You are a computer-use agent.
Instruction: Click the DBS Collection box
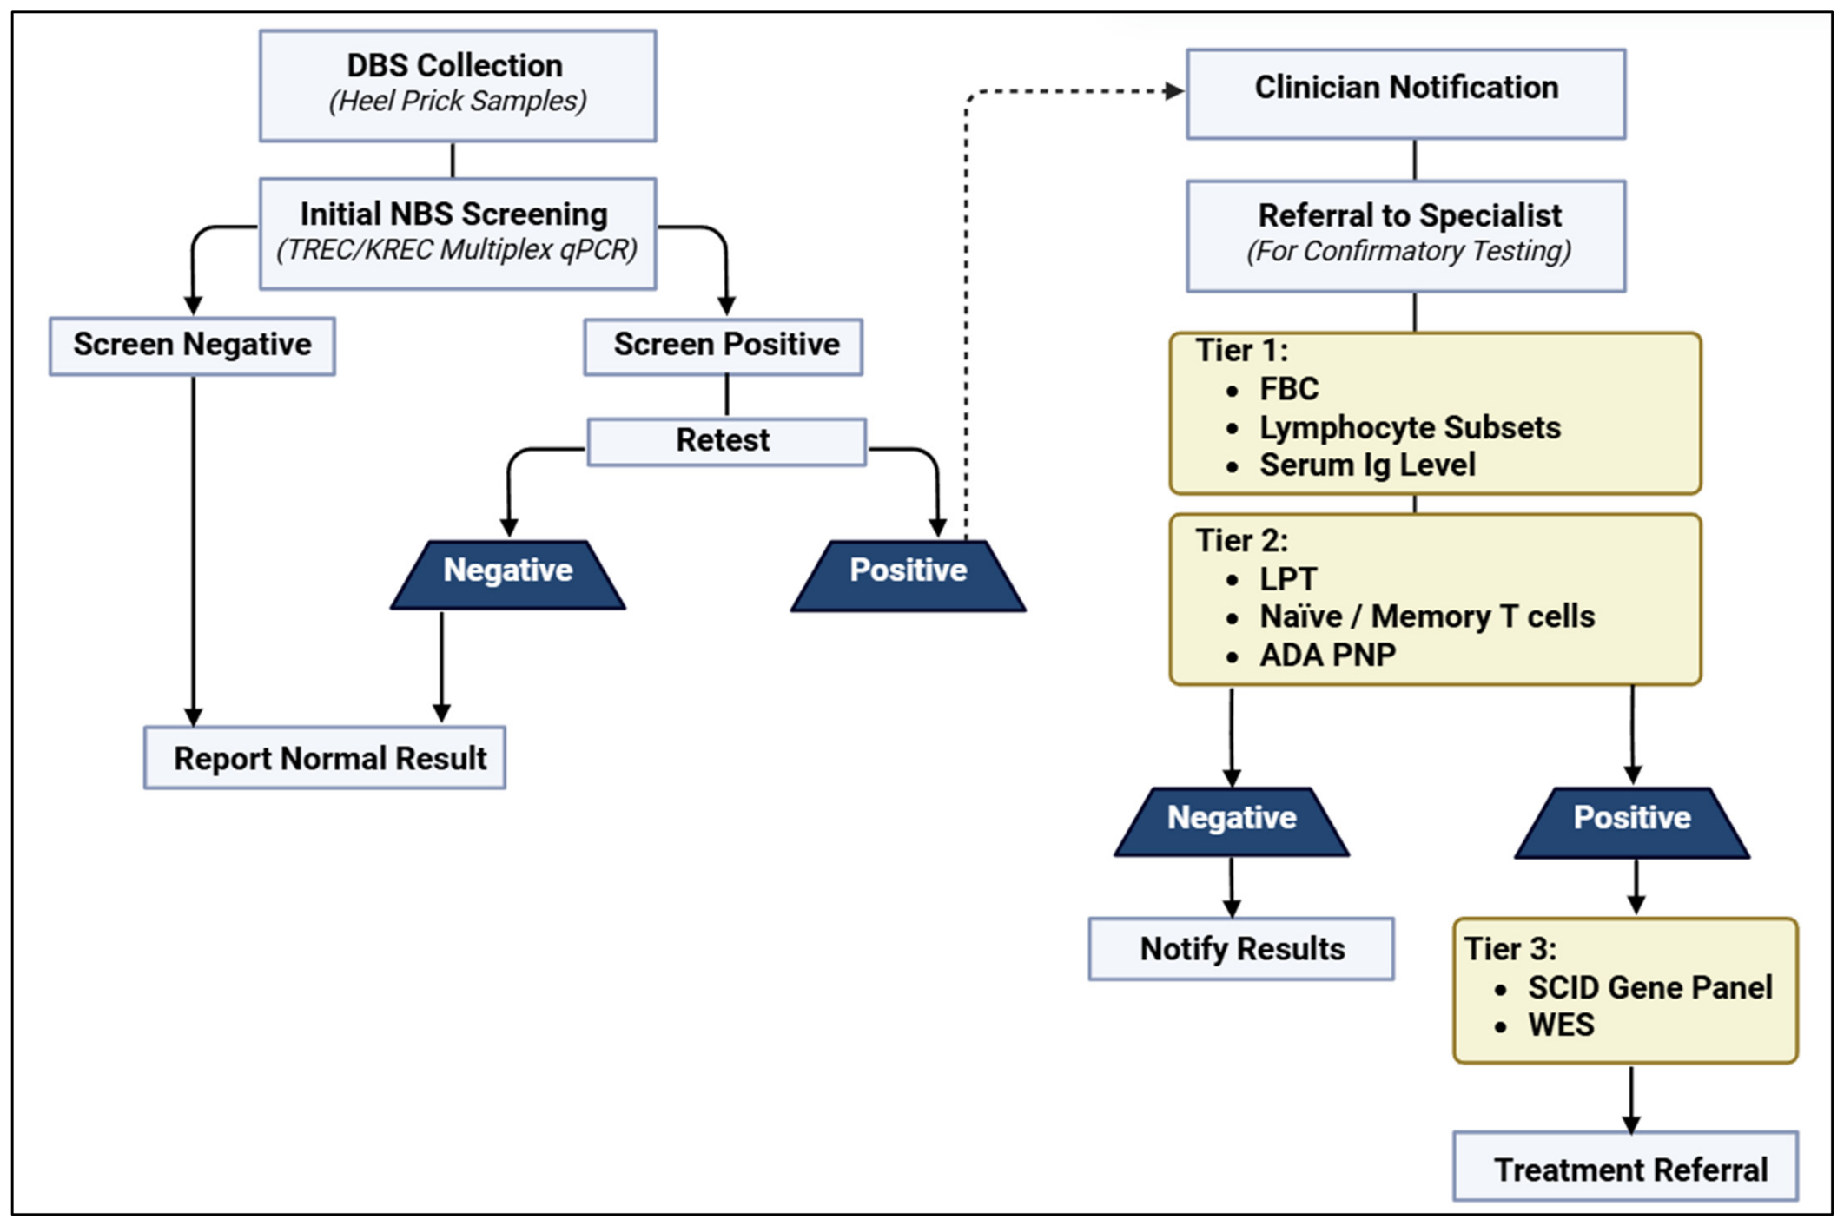pos(458,86)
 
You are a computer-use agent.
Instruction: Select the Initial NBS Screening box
pos(458,234)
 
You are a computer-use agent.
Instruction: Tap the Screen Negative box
pos(192,346)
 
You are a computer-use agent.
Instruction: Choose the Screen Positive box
pos(724,346)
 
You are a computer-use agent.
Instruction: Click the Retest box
pos(727,442)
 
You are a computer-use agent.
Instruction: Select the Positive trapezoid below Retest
pos(909,576)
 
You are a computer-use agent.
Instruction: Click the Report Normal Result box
pos(325,757)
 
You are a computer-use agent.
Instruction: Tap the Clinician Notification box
pos(1406,94)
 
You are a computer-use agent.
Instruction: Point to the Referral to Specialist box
pos(1406,236)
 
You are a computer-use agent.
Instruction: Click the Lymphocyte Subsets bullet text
pos(1410,427)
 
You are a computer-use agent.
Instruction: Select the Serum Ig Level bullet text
pos(1367,465)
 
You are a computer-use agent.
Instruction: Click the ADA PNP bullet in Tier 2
pos(1328,655)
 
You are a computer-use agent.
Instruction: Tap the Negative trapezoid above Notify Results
pos(1232,821)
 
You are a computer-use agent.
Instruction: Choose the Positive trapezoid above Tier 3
pos(1632,822)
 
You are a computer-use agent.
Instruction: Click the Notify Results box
pos(1241,949)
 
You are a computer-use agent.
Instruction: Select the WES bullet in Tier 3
pos(1561,1025)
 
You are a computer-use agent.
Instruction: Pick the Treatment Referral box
pos(1625,1166)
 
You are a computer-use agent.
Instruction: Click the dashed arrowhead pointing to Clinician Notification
pos(1174,90)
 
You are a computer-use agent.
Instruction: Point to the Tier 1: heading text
pos(1241,350)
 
